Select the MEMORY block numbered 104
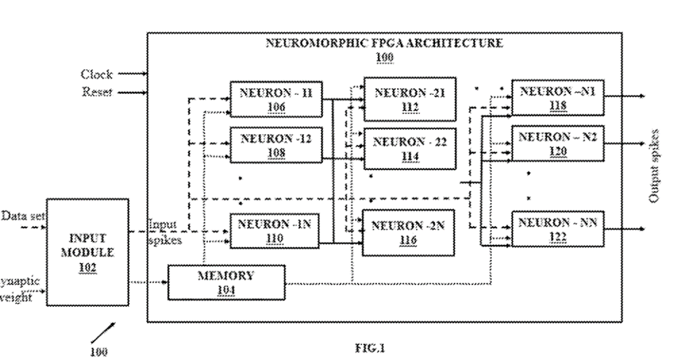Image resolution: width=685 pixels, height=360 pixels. click(x=227, y=282)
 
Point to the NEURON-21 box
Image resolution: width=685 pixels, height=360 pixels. click(x=409, y=99)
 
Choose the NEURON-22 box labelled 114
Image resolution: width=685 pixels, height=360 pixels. click(x=409, y=147)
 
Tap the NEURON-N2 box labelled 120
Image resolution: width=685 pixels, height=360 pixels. click(x=558, y=144)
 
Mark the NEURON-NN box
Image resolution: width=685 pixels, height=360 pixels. click(x=558, y=228)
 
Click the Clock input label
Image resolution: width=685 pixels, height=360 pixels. click(x=97, y=74)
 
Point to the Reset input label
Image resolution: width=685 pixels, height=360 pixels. click(x=97, y=92)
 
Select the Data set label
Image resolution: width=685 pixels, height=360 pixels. click(x=20, y=216)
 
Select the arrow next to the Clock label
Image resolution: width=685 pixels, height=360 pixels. click(x=133, y=74)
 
